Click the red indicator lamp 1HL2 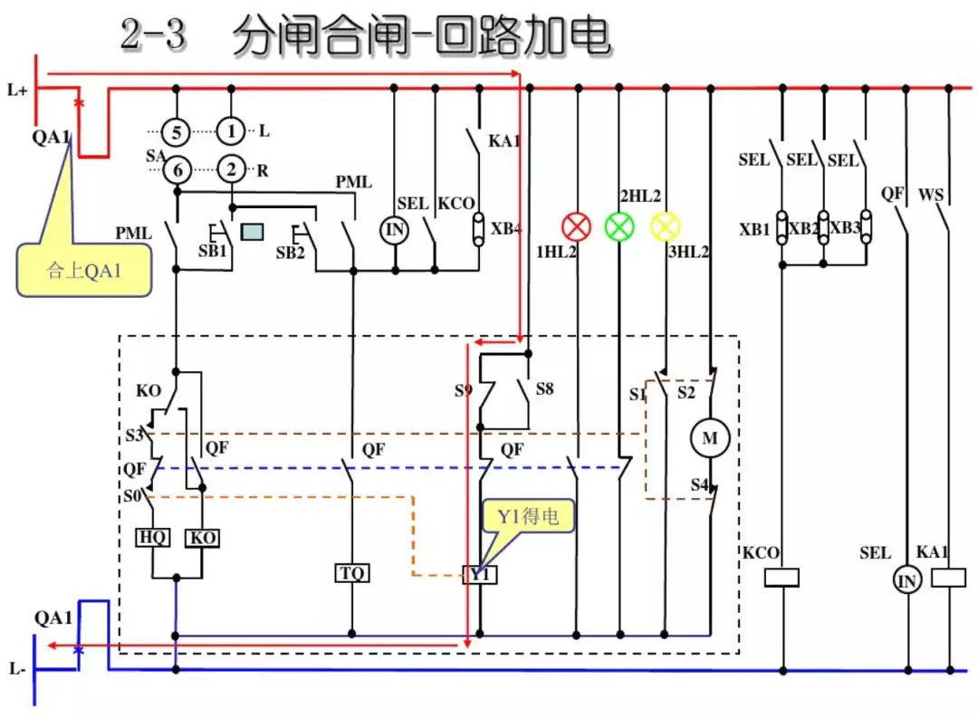click(x=576, y=226)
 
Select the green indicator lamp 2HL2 click(x=619, y=226)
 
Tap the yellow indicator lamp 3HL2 click(x=666, y=226)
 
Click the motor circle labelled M click(x=709, y=439)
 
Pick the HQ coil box click(x=152, y=537)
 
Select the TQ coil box click(x=351, y=573)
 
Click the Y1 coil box click(x=479, y=574)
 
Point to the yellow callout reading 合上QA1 click(x=83, y=270)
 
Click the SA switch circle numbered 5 click(x=177, y=132)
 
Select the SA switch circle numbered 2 click(x=232, y=168)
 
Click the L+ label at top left click(x=16, y=90)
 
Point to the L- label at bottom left click(x=16, y=670)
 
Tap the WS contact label click(x=931, y=195)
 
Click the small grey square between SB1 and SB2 click(x=252, y=232)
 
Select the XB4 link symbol click(x=477, y=229)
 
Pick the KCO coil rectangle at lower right click(x=782, y=578)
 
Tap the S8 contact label click(x=544, y=389)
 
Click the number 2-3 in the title click(x=152, y=36)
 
